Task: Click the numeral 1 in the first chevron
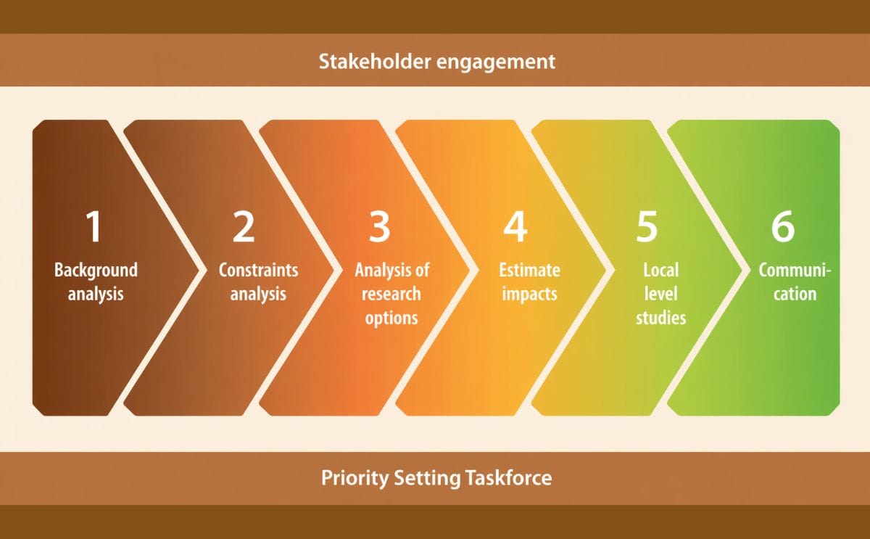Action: click(94, 226)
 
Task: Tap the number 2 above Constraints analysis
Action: click(244, 226)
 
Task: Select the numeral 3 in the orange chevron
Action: click(379, 226)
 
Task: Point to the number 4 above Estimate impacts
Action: click(515, 226)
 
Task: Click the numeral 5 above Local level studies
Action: click(647, 226)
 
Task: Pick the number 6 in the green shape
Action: click(783, 226)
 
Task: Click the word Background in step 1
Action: click(96, 271)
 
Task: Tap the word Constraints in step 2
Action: click(258, 270)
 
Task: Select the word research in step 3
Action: click(391, 295)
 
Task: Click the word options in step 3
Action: click(391, 318)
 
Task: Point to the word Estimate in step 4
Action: click(529, 270)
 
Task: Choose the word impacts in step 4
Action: click(529, 295)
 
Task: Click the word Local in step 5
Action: click(661, 270)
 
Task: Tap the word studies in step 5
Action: click(661, 318)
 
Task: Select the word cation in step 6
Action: click(795, 295)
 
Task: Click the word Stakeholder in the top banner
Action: click(375, 62)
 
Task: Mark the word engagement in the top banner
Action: click(497, 62)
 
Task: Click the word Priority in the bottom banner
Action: click(355, 478)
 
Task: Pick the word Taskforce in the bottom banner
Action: click(509, 477)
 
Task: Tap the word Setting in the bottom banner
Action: click(427, 478)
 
